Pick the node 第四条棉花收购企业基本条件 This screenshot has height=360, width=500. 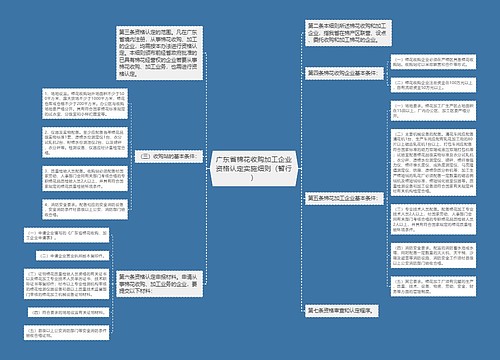(x=341, y=73)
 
